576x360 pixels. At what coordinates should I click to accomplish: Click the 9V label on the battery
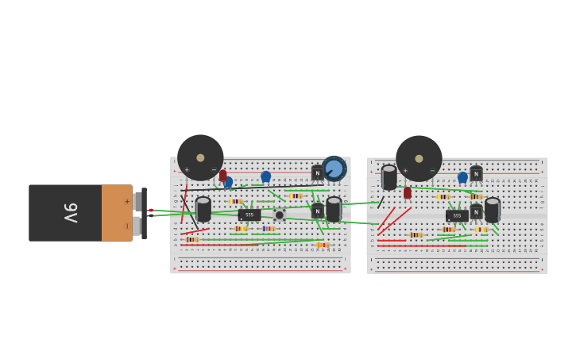click(71, 213)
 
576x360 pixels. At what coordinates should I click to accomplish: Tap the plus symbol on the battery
click(126, 201)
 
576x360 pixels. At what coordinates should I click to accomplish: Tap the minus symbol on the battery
click(126, 226)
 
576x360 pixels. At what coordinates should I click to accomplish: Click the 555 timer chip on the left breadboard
click(249, 215)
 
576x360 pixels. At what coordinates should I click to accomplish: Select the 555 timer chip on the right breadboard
click(457, 215)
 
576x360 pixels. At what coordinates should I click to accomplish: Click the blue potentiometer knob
click(334, 168)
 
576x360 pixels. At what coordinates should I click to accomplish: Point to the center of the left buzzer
click(200, 157)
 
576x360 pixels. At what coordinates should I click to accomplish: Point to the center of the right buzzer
click(419, 158)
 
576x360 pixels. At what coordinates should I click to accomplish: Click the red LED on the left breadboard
click(223, 175)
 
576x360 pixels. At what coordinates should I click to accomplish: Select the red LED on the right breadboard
click(408, 192)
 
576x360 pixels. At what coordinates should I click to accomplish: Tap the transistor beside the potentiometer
click(317, 172)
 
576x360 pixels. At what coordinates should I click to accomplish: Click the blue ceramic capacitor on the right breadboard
click(462, 177)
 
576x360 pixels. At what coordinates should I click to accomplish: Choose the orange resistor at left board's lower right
click(322, 245)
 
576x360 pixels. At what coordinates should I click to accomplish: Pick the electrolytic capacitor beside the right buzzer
click(389, 177)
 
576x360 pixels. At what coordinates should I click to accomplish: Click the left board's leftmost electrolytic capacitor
click(203, 209)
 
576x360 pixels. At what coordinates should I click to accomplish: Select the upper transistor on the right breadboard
click(476, 173)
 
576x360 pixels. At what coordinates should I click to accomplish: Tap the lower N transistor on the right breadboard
click(476, 212)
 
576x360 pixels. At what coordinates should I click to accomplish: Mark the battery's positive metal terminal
click(137, 201)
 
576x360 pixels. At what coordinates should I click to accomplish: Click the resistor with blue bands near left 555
click(269, 229)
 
